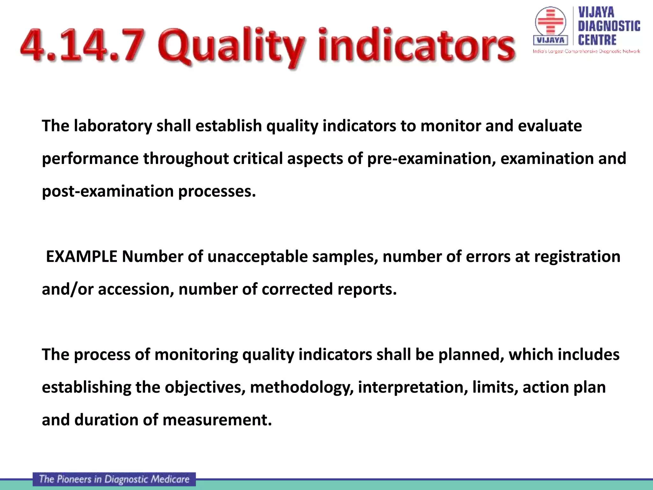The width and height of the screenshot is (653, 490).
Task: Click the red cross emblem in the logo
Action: click(550, 21)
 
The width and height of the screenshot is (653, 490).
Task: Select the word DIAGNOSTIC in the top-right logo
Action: click(609, 26)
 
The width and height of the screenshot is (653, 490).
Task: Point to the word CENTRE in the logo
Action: click(597, 41)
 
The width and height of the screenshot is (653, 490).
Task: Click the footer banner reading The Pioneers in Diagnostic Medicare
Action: click(114, 479)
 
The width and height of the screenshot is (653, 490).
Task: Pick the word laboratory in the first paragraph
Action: click(113, 126)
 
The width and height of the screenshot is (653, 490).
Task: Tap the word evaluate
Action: click(550, 126)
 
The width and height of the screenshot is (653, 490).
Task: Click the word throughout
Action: click(186, 159)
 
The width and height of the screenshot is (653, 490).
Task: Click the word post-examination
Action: click(108, 191)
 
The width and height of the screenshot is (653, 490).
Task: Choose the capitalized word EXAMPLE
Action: click(82, 256)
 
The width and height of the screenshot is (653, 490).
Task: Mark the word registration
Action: click(577, 256)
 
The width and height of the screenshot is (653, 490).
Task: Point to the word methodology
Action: click(302, 387)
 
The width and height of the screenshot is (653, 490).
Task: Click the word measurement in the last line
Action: click(217, 420)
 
